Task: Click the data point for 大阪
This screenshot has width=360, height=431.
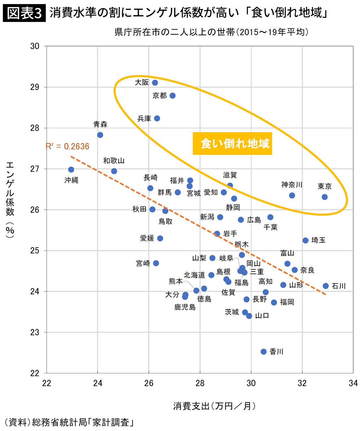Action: tap(155, 83)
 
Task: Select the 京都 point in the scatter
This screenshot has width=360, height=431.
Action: tap(173, 96)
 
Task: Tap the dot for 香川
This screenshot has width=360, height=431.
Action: tap(264, 352)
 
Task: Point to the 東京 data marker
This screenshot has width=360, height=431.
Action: tap(325, 197)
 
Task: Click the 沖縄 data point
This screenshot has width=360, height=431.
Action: tap(71, 170)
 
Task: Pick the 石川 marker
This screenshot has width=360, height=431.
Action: tap(326, 286)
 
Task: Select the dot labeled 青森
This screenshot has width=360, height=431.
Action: tap(100, 135)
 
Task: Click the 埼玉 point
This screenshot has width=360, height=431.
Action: tap(305, 240)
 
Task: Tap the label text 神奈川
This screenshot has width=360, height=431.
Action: tap(292, 185)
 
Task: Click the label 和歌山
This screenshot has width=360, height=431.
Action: tap(114, 161)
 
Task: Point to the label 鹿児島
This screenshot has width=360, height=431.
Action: tap(185, 307)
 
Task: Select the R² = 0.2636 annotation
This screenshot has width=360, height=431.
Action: tap(67, 146)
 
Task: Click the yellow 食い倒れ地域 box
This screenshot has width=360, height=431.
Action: tap(232, 143)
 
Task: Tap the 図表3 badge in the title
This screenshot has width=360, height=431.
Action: tap(24, 13)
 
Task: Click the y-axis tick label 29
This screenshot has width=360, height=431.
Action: tap(35, 87)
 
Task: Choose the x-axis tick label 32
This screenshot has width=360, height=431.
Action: tap(302, 383)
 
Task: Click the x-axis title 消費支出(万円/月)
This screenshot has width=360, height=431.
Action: tap(214, 406)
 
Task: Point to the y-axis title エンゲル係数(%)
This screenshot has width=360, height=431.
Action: tap(10, 200)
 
